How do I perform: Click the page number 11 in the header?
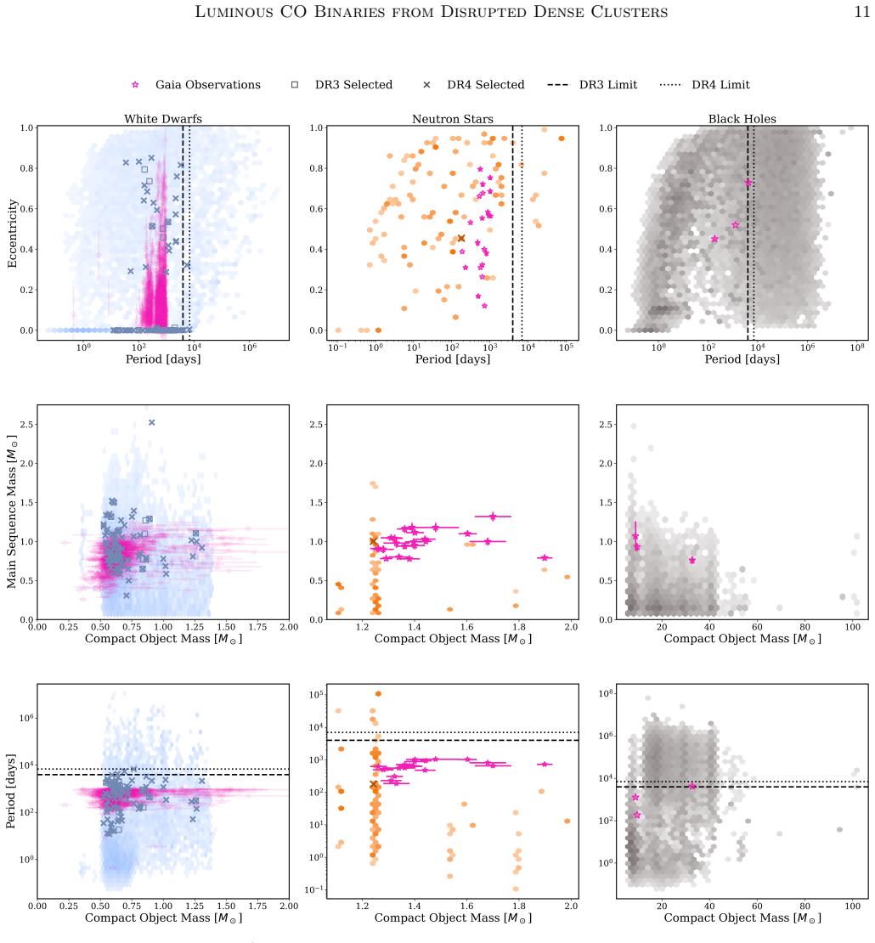pos(861,12)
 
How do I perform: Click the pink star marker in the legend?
pos(135,85)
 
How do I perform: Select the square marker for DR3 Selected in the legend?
pos(295,85)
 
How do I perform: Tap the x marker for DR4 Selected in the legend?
pos(426,85)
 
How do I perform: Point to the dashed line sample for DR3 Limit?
pos(558,85)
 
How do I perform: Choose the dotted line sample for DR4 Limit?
pos(670,85)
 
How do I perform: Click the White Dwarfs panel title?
pos(163,118)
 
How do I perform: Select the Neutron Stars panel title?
pos(452,118)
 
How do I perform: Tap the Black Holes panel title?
pos(742,118)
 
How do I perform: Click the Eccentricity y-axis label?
pos(12,234)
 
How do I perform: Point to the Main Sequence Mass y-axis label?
pos(11,512)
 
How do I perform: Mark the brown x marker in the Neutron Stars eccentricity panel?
pos(461,239)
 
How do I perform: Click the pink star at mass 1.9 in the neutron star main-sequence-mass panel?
pos(545,557)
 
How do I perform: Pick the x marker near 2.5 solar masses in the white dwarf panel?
pos(151,423)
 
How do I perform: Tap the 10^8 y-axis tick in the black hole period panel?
pos(606,693)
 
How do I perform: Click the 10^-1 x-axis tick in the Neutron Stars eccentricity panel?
pos(337,347)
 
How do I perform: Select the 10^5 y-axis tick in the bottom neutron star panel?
pos(316,695)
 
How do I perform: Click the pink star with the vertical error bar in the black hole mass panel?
pos(635,536)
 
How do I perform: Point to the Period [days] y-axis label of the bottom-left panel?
pos(11,791)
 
